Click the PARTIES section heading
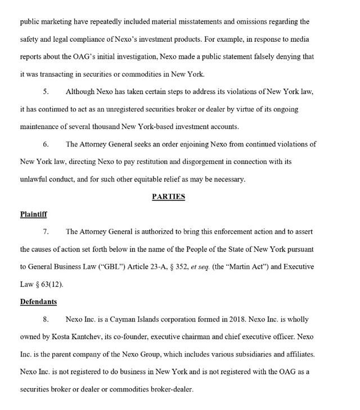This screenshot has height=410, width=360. (169, 197)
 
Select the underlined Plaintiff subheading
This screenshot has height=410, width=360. (34, 215)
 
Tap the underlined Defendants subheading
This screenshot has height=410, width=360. (39, 302)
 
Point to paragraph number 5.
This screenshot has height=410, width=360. (46, 92)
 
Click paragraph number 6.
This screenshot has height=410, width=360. (46, 144)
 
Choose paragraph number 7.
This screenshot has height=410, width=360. (46, 232)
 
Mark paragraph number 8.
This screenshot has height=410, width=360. (46, 319)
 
